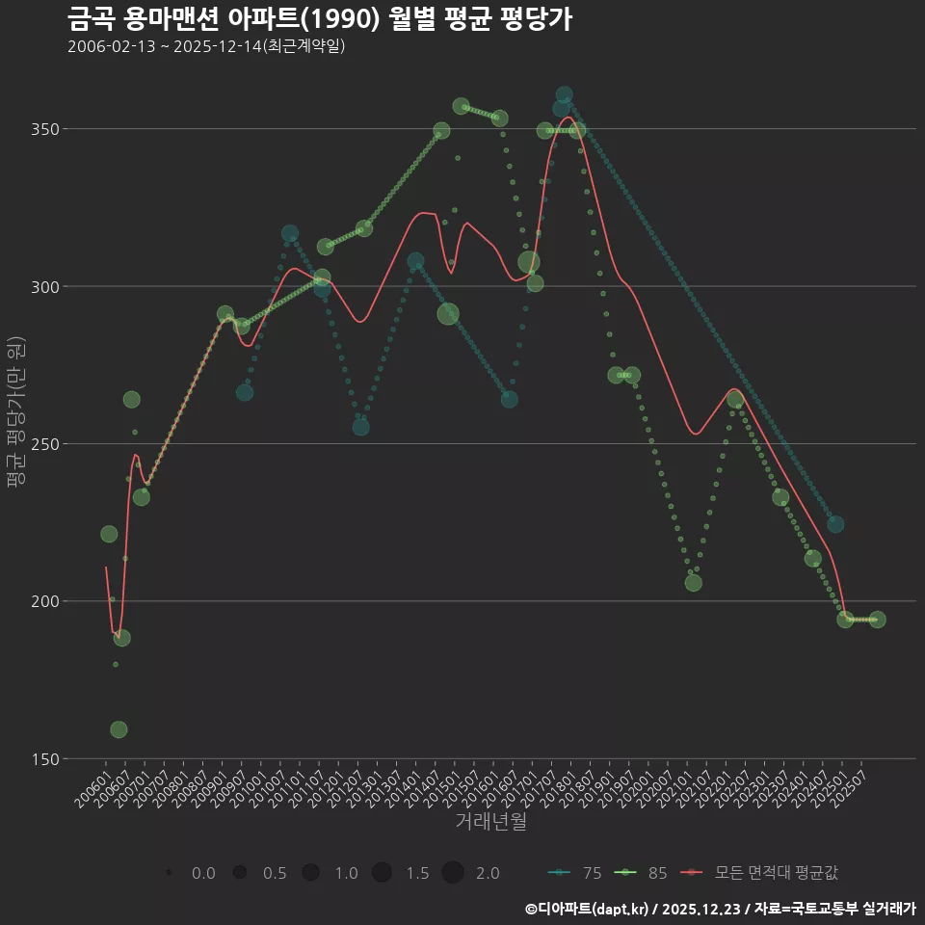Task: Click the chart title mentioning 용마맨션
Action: pos(320,17)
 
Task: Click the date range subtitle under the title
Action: pos(206,46)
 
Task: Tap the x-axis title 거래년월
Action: pos(490,822)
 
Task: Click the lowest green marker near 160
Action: pos(119,729)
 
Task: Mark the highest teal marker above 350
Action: pos(564,95)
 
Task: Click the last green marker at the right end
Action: pos(877,620)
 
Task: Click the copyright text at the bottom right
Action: pos(720,909)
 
